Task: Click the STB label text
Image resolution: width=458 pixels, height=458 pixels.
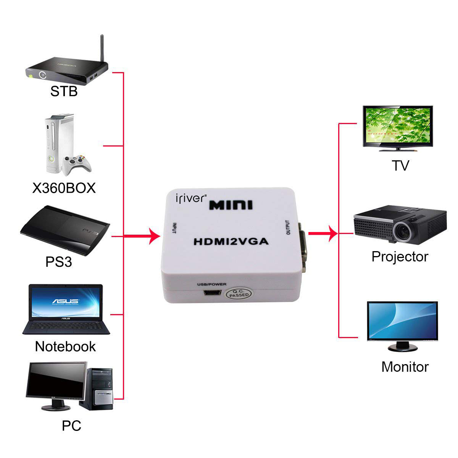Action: (64, 91)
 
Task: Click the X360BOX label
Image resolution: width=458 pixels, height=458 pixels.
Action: (64, 188)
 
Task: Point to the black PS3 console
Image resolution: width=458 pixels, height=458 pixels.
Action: (65, 229)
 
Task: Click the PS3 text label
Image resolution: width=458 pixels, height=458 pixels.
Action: (59, 262)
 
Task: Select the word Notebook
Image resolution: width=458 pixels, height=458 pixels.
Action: (65, 347)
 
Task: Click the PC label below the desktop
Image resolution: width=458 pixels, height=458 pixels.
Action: (72, 426)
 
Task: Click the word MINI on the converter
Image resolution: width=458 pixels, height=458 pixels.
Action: (231, 205)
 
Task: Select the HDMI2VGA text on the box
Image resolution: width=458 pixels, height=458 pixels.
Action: (231, 242)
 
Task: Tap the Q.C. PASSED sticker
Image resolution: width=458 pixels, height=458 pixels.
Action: (239, 293)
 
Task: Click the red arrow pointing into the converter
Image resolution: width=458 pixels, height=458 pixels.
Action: (153, 237)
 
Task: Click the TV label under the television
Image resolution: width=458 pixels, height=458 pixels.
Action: (400, 166)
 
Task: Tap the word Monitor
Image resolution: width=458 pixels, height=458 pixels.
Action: (405, 367)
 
